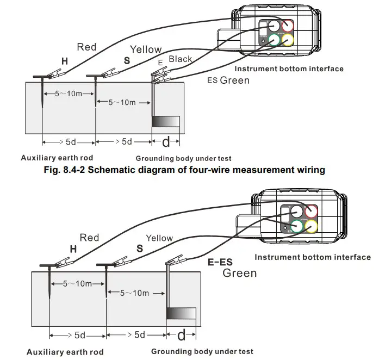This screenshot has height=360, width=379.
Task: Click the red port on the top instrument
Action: (x=286, y=27)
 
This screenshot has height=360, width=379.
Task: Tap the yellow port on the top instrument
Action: (x=286, y=40)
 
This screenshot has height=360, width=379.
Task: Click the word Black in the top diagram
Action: (x=180, y=59)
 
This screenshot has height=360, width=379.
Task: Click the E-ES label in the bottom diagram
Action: (x=222, y=262)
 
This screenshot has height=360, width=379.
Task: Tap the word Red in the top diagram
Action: (x=86, y=47)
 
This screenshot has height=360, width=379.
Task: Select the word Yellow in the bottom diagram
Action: (x=159, y=238)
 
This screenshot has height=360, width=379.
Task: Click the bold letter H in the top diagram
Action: (x=65, y=62)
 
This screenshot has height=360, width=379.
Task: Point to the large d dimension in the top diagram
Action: (x=166, y=142)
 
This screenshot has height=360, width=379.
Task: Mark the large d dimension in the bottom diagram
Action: (x=181, y=333)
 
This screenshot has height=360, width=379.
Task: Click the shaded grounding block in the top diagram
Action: (x=166, y=122)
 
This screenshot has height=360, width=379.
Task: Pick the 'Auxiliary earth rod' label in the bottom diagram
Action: (x=65, y=352)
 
